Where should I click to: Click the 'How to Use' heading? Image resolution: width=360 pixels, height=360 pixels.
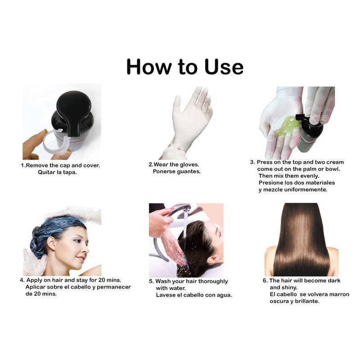(185, 66)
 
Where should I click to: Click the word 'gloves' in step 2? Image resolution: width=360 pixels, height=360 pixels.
(189, 165)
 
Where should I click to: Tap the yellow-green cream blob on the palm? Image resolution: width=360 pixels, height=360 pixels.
(288, 127)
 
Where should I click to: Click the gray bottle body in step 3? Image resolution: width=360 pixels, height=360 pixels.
(308, 140)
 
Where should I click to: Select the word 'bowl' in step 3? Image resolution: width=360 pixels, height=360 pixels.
(332, 169)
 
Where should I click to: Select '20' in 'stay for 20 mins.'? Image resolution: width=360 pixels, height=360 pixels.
(102, 280)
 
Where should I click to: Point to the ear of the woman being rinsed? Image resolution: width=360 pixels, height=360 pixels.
(213, 260)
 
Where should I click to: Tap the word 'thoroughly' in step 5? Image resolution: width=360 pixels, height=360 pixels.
(213, 282)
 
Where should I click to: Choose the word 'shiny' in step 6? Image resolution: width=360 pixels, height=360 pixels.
(290, 288)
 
